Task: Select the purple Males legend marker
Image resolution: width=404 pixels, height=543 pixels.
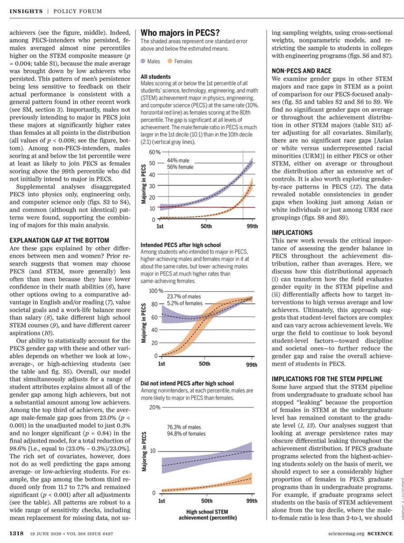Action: coord(143,61)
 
